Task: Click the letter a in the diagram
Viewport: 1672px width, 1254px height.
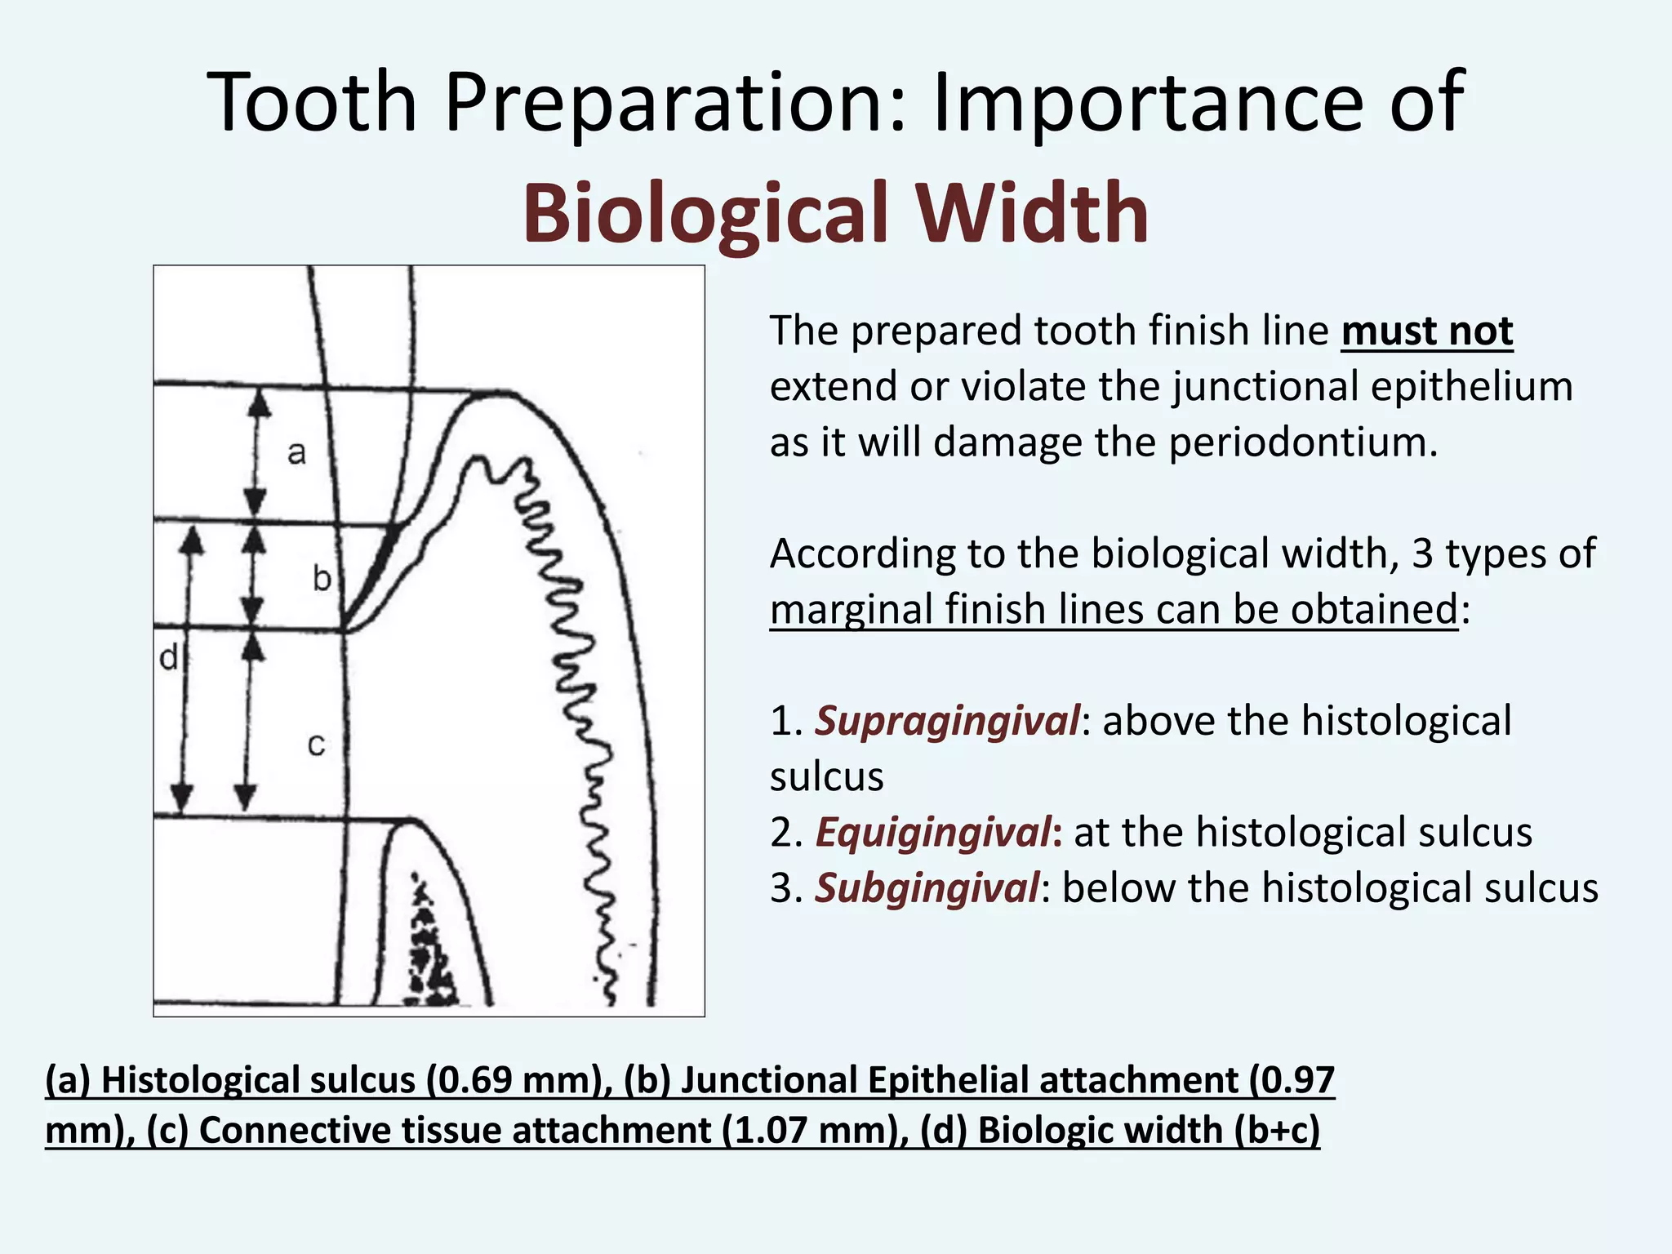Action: (296, 452)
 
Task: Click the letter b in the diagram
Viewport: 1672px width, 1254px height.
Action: (322, 579)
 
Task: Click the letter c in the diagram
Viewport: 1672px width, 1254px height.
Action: (316, 745)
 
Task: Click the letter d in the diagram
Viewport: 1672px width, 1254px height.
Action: (168, 657)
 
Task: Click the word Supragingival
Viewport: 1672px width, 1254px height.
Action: (947, 721)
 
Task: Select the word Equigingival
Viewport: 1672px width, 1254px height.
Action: (934, 833)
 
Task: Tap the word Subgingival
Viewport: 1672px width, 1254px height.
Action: (927, 888)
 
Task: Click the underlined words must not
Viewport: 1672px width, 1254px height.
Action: (1426, 331)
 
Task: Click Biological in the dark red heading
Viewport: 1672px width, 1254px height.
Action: (705, 213)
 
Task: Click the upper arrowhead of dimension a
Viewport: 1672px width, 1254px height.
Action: (259, 402)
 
